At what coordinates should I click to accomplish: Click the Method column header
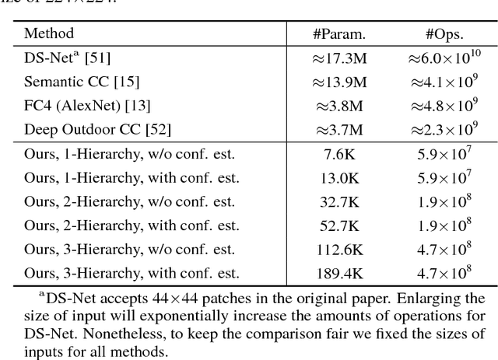click(x=48, y=34)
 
